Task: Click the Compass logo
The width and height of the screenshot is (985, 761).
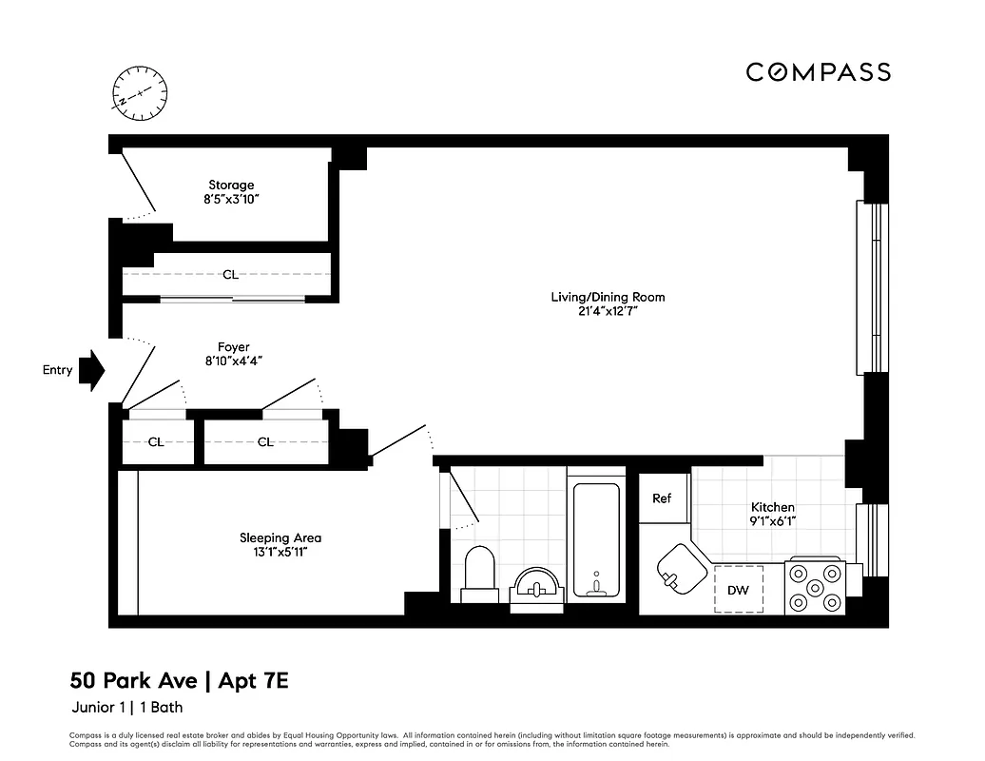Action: tap(818, 72)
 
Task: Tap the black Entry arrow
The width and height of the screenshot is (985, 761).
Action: tap(92, 370)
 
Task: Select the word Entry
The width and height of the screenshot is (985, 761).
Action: tap(57, 370)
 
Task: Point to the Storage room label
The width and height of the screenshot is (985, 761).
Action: tap(231, 185)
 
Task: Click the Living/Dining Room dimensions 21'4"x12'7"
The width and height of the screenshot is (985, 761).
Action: tap(608, 312)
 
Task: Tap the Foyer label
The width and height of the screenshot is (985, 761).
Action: tap(233, 347)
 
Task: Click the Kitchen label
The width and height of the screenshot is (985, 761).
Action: tap(772, 507)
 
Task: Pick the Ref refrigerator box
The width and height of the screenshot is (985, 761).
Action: tap(662, 498)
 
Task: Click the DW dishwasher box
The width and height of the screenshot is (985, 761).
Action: tap(739, 590)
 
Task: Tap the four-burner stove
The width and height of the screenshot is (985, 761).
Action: tap(815, 588)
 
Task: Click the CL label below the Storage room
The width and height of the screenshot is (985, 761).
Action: tap(230, 275)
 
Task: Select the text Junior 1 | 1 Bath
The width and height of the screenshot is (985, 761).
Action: tap(127, 707)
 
